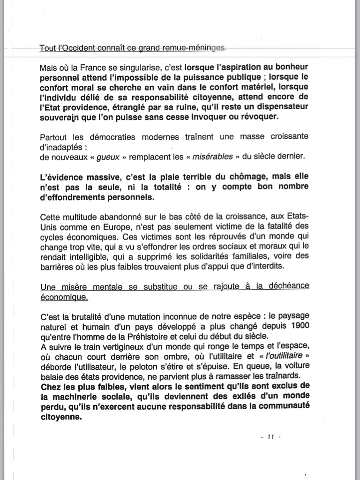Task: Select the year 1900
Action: coord(298,325)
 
